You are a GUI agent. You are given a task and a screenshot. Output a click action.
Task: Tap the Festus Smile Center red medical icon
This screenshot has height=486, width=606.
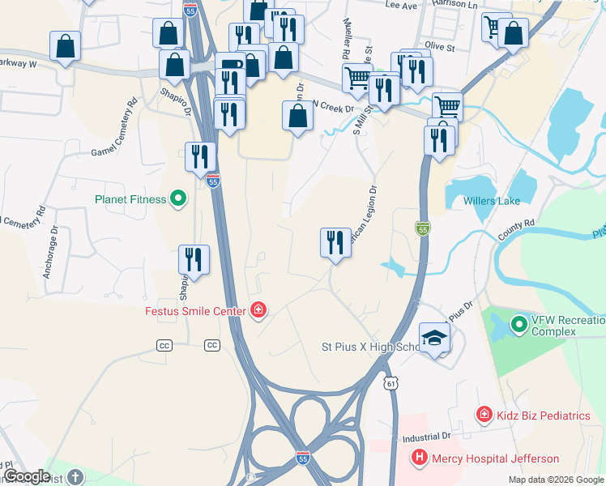click(x=258, y=311)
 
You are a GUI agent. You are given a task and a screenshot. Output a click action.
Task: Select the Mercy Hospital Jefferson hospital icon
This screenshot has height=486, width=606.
click(x=420, y=458)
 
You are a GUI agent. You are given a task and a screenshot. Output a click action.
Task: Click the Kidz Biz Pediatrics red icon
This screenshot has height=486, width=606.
click(x=484, y=416)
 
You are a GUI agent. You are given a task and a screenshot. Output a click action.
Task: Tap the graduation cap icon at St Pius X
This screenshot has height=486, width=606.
click(x=434, y=338)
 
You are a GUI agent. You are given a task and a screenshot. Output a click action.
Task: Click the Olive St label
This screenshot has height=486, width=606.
click(x=442, y=46)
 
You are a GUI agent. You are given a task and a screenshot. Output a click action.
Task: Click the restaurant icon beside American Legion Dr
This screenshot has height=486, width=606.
click(x=335, y=242)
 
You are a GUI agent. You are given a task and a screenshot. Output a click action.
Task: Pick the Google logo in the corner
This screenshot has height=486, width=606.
click(x=27, y=476)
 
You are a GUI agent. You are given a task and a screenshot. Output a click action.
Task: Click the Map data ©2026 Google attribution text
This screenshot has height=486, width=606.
click(x=555, y=480)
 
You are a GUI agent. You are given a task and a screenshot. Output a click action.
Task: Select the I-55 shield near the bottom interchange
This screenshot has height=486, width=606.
click(x=302, y=457)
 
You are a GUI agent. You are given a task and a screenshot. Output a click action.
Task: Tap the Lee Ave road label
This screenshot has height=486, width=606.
click(x=400, y=5)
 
